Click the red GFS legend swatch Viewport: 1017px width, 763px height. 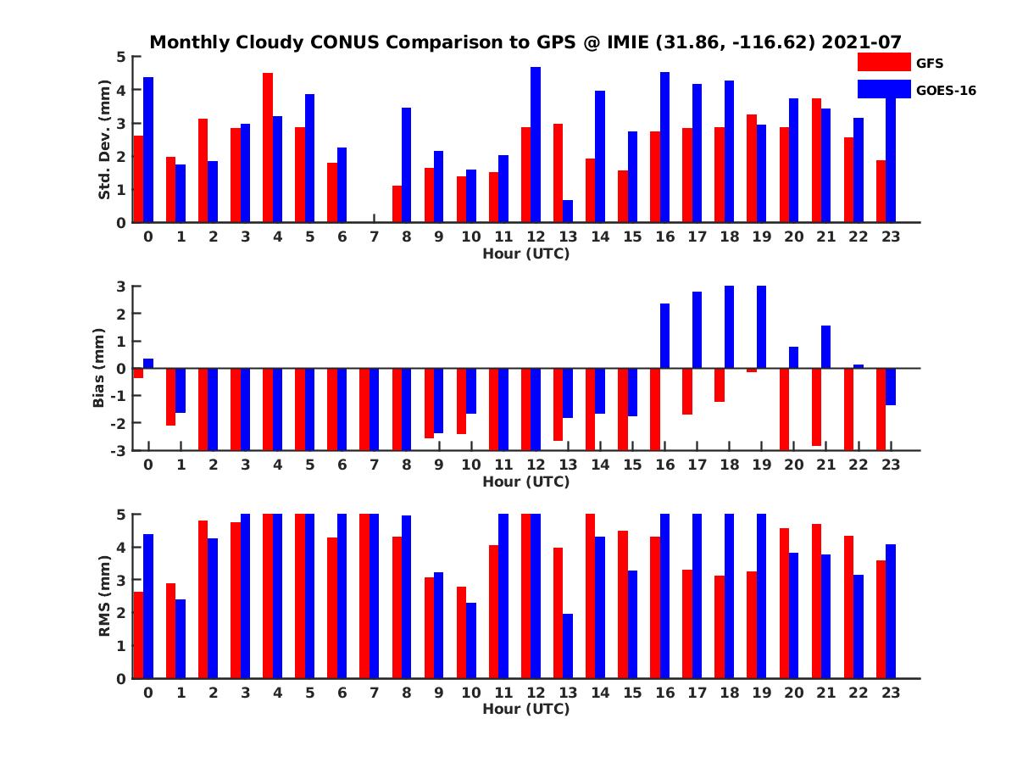click(883, 62)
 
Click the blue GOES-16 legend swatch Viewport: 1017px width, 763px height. click(883, 89)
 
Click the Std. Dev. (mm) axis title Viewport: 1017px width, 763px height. click(105, 140)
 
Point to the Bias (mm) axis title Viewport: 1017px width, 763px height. click(99, 367)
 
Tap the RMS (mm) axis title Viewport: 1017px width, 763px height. click(105, 596)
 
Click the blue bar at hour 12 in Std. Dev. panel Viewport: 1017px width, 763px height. click(536, 145)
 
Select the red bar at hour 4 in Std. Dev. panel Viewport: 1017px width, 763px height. click(268, 148)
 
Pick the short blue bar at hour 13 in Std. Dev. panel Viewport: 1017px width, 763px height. click(568, 211)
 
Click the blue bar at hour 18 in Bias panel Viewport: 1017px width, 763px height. click(729, 327)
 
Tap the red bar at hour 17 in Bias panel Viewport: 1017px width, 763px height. click(687, 391)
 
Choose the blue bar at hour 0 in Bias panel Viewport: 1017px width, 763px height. click(148, 363)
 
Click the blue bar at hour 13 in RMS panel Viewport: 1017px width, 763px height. click(568, 646)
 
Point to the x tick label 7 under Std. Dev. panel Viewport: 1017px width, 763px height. click(374, 237)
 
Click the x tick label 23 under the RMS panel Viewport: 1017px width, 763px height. click(891, 692)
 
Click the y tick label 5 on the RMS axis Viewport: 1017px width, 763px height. click(122, 514)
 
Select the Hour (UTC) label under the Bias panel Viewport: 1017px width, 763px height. click(525, 482)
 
